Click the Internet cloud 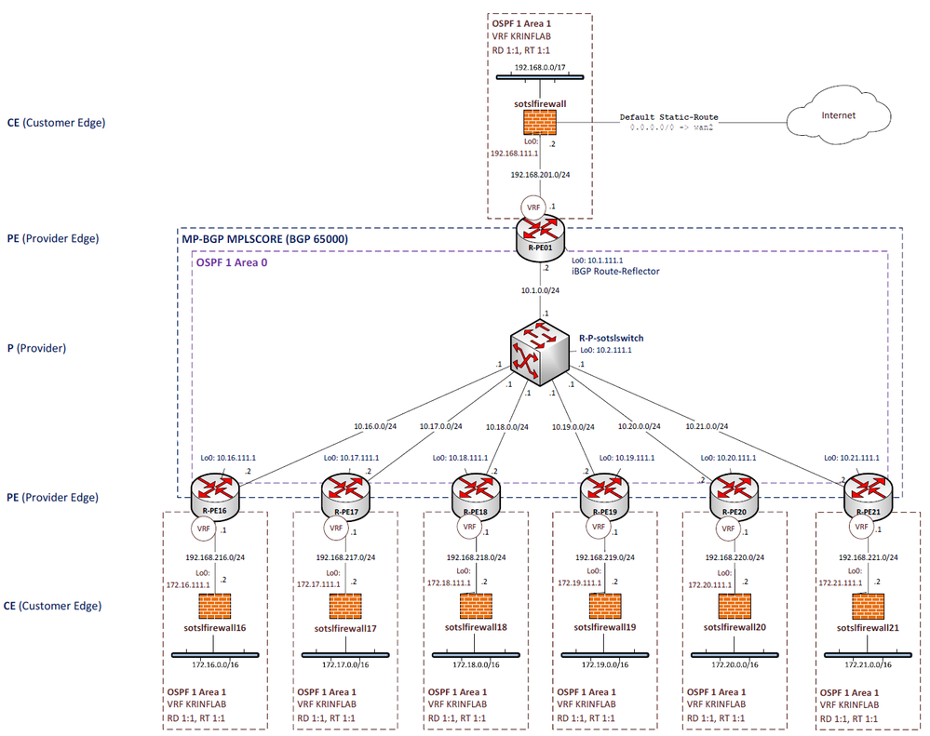click(x=838, y=116)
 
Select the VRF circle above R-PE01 click(x=534, y=207)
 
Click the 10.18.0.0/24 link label click(x=506, y=427)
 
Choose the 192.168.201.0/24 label click(x=541, y=174)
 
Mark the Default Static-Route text click(x=669, y=117)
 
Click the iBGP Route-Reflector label click(x=614, y=272)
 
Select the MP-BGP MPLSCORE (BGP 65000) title click(x=265, y=239)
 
